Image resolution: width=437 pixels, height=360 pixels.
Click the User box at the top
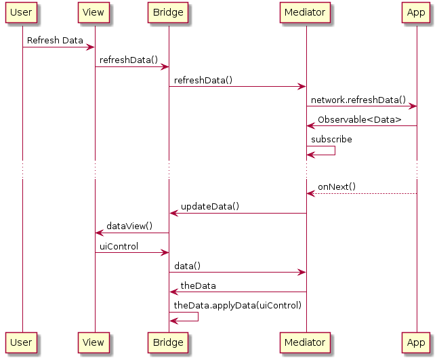tap(21, 12)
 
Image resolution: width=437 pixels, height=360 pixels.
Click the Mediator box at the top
tap(306, 12)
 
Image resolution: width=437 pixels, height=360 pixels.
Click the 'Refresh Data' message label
tap(55, 41)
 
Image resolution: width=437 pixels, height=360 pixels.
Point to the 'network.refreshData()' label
tap(358, 100)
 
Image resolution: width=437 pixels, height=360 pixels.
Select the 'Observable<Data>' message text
tap(359, 120)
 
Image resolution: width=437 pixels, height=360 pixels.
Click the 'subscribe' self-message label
tap(331, 139)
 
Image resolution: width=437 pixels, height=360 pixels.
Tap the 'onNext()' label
tap(337, 187)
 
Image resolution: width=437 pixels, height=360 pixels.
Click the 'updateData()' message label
tap(209, 206)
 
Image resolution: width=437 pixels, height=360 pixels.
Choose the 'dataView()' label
tap(129, 226)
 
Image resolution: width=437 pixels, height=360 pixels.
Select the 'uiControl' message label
tap(119, 246)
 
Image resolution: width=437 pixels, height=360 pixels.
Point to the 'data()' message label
tap(187, 266)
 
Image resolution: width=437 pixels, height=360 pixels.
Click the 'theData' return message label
tap(198, 285)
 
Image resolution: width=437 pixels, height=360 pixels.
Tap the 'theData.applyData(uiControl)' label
tap(237, 306)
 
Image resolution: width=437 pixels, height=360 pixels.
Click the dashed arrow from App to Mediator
tap(362, 194)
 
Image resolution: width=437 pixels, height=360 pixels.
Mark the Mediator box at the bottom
tap(306, 342)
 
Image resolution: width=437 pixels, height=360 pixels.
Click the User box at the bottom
tap(21, 342)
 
